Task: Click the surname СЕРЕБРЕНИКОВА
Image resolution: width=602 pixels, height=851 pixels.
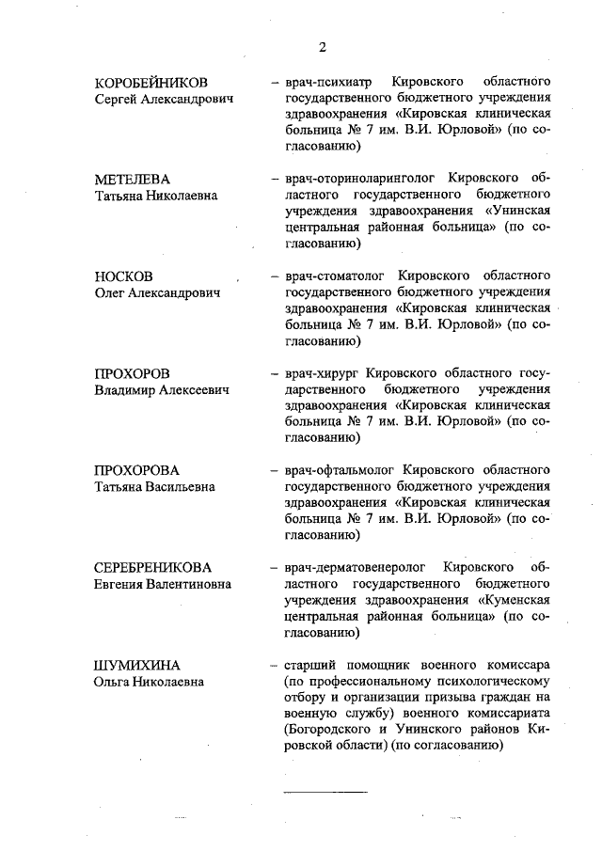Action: tap(153, 568)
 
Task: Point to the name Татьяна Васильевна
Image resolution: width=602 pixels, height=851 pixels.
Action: tap(154, 487)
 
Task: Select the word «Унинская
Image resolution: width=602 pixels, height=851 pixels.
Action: tap(516, 211)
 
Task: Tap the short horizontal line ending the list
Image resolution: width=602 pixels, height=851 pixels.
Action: tap(325, 792)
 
